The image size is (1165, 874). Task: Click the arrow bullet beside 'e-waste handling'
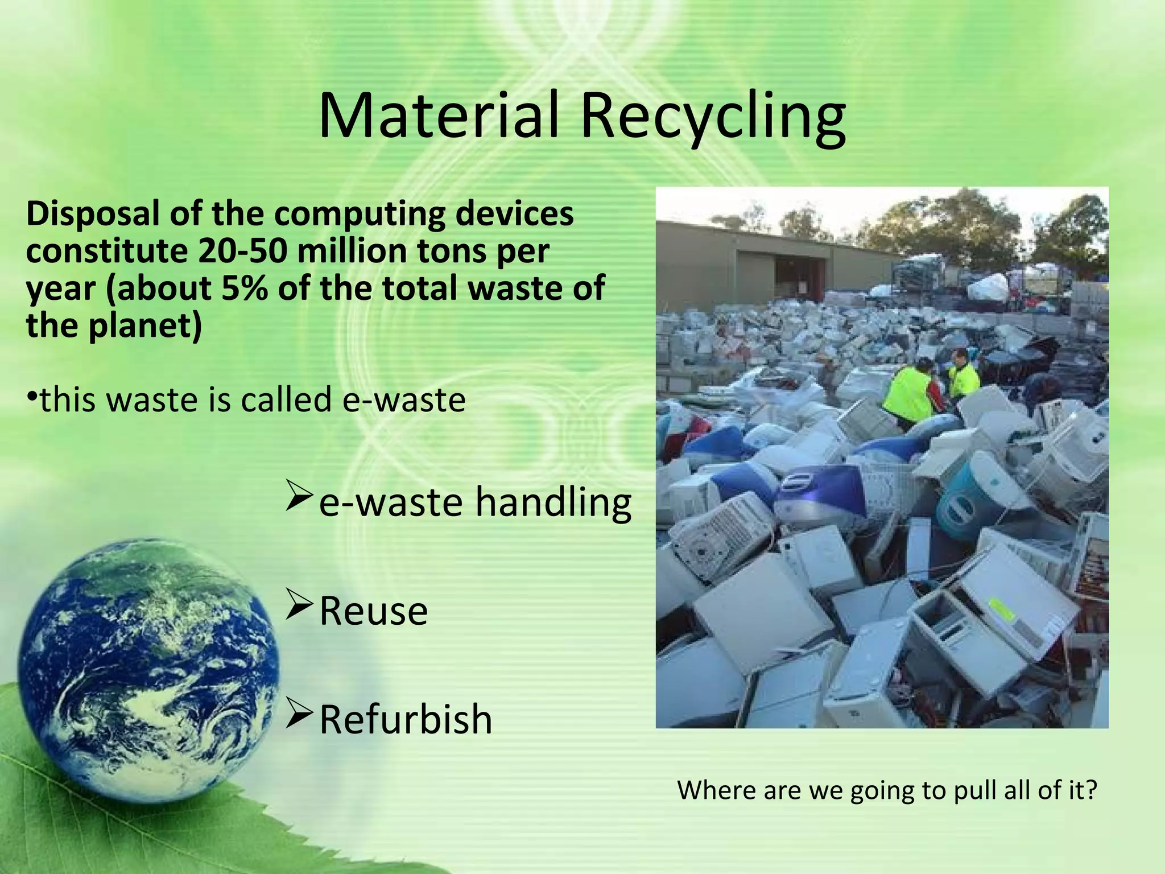click(299, 494)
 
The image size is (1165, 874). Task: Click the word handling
click(553, 503)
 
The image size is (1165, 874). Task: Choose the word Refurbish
click(406, 719)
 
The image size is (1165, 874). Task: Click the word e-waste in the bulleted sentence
click(404, 399)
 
